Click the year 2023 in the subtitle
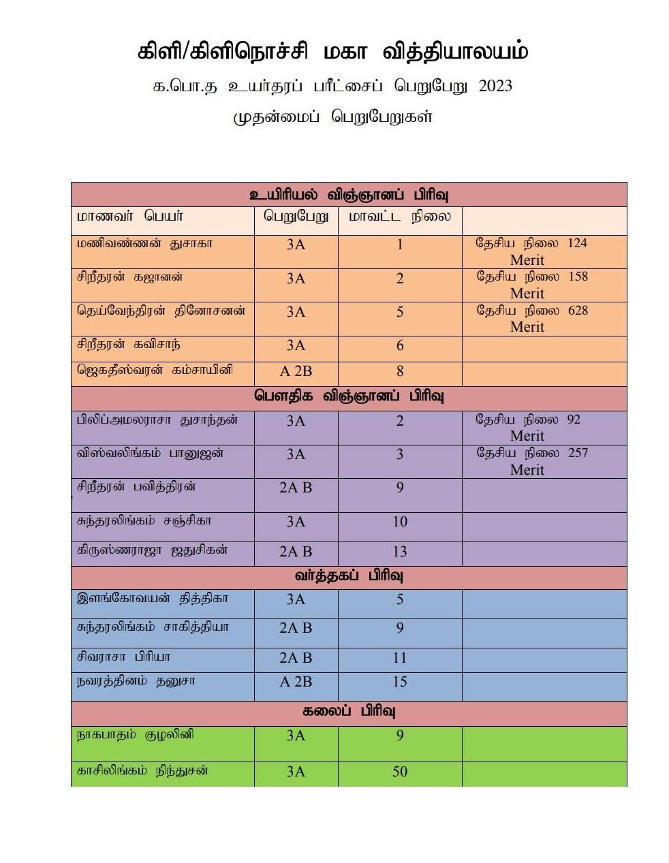pyautogui.click(x=495, y=87)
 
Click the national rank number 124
pyautogui.click(x=577, y=243)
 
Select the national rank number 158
pyautogui.click(x=577, y=277)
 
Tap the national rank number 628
pyautogui.click(x=578, y=311)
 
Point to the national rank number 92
pyautogui.click(x=573, y=420)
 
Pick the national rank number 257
pyautogui.click(x=577, y=453)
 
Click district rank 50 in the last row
pyautogui.click(x=400, y=772)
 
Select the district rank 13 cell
pyautogui.click(x=400, y=552)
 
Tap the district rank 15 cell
pyautogui.click(x=400, y=682)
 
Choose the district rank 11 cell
pyautogui.click(x=400, y=658)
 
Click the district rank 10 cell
pyautogui.click(x=400, y=522)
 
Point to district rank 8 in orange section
pyautogui.click(x=400, y=371)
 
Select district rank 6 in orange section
pyautogui.click(x=400, y=345)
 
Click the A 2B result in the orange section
pyautogui.click(x=296, y=371)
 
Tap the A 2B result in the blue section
pyautogui.click(x=296, y=682)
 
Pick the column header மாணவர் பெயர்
pyautogui.click(x=130, y=217)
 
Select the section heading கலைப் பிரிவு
pyautogui.click(x=349, y=712)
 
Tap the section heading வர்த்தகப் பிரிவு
pyautogui.click(x=349, y=576)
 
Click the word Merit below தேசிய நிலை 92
pyautogui.click(x=527, y=436)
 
